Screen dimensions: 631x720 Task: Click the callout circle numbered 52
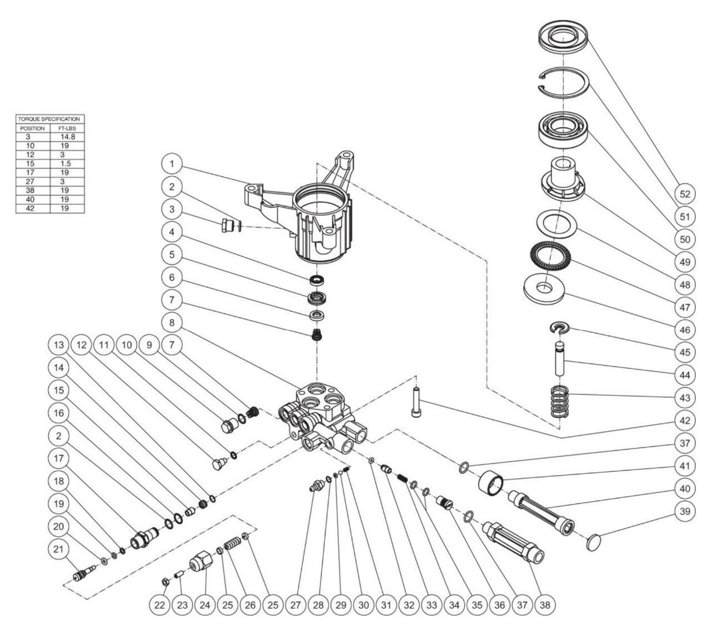tap(685, 194)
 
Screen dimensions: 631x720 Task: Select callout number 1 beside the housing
tap(173, 164)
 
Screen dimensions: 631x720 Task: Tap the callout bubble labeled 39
tap(685, 511)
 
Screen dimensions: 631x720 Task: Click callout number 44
tap(685, 375)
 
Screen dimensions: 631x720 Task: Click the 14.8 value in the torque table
tap(67, 137)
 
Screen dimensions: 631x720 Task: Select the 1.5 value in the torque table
tap(67, 163)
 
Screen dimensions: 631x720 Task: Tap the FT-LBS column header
tap(67, 128)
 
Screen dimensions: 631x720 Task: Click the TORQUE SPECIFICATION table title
tap(49, 119)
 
